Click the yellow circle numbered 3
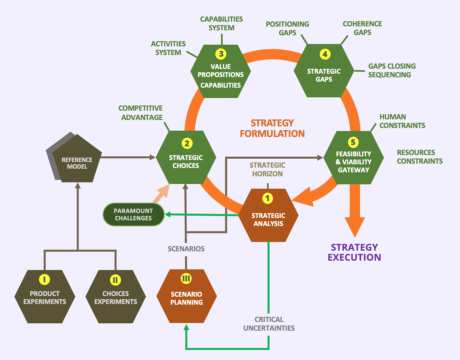[221, 54]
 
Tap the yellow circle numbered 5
[353, 142]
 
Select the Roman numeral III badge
[186, 279]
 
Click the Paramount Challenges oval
[133, 214]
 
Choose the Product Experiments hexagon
[45, 297]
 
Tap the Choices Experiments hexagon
[116, 297]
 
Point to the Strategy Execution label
[354, 252]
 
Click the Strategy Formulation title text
[272, 128]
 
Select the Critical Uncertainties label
[269, 324]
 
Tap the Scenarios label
[186, 249]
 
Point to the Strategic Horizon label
[267, 169]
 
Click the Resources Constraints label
[420, 157]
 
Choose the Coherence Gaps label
[362, 28]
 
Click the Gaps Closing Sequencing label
[392, 70]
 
